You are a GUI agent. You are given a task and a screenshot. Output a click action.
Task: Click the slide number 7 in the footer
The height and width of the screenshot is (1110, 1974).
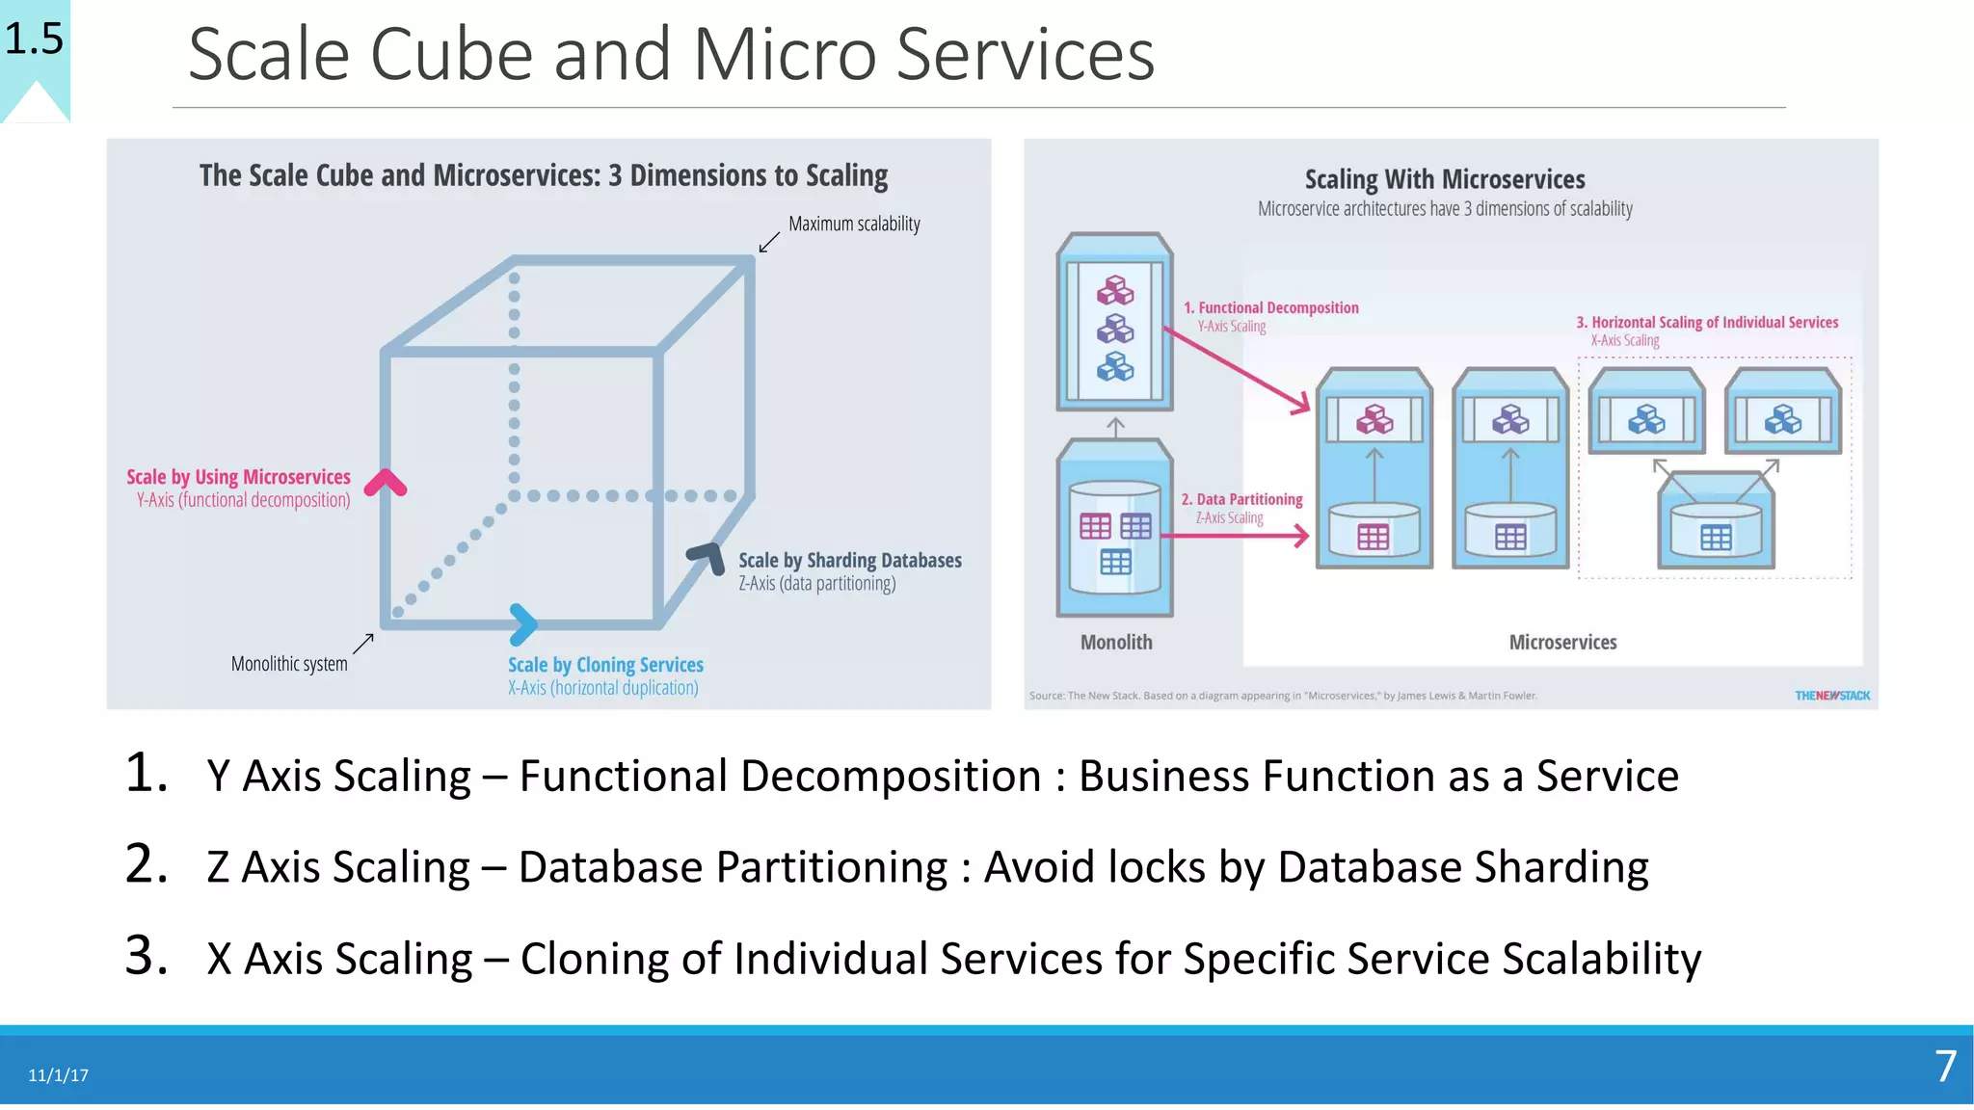[1945, 1067]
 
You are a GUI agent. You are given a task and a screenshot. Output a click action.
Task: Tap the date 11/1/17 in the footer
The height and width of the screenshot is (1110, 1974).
[58, 1075]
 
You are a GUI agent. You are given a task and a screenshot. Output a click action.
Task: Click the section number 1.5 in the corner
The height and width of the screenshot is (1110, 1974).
[34, 40]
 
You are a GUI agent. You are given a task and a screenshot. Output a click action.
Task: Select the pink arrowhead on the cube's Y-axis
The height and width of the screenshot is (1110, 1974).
[386, 482]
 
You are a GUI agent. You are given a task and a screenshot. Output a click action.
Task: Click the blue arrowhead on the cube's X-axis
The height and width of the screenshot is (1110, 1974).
[523, 624]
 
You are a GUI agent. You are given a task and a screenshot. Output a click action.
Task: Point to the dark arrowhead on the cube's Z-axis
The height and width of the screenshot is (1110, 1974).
[707, 557]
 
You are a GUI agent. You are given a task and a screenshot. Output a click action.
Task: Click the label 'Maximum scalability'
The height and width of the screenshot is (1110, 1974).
[854, 224]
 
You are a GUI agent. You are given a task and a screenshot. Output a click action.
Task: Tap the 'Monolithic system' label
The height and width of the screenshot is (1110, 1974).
[289, 664]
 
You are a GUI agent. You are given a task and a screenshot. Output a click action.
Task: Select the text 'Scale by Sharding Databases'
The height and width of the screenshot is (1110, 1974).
[849, 560]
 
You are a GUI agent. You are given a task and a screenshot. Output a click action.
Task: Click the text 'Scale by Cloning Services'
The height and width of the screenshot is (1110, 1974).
[605, 665]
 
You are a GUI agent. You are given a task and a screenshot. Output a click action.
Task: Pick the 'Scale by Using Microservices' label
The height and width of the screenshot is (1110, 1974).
[238, 477]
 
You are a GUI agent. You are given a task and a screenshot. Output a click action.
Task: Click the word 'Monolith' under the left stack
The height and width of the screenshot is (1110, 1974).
[1116, 642]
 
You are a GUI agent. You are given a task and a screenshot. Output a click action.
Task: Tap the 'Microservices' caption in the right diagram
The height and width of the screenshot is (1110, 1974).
[1562, 642]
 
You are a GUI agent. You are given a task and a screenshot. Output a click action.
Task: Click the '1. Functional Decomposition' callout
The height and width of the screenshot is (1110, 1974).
[1270, 307]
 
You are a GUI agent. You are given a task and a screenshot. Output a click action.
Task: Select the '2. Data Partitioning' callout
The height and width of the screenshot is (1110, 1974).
[1241, 499]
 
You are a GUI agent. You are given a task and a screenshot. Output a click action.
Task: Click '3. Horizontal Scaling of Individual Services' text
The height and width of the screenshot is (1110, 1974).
[1707, 322]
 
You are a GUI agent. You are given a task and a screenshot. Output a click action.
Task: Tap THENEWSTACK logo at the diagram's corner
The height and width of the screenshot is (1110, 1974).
[1831, 696]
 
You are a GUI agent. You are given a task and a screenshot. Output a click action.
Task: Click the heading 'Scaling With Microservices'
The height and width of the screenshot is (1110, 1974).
[1444, 179]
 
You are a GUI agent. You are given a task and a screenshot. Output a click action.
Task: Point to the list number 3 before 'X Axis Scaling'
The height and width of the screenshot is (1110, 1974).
[146, 956]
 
